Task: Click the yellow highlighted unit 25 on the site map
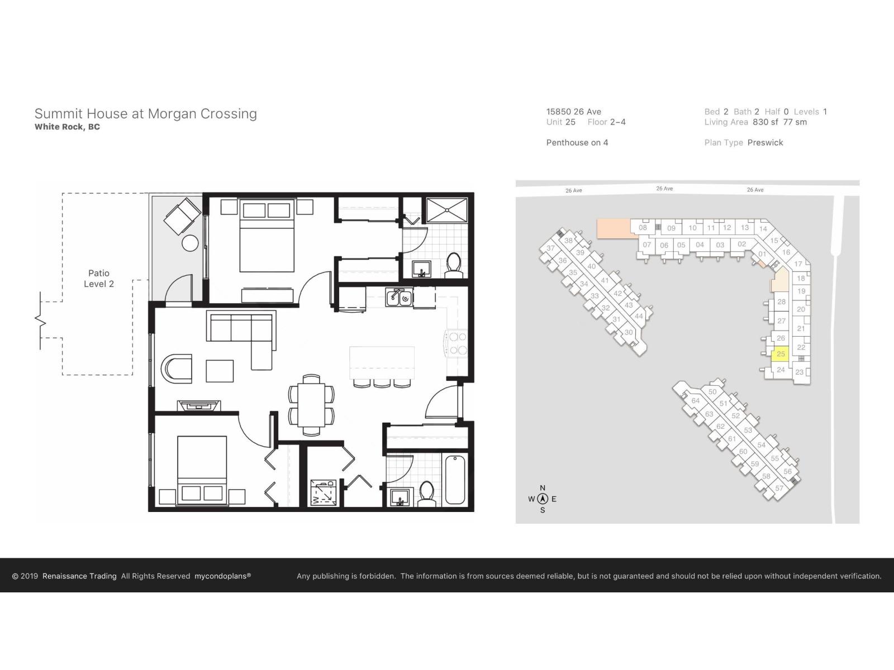pos(781,354)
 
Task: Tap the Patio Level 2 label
pos(99,278)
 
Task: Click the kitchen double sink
pos(399,299)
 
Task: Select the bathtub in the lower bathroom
pos(455,480)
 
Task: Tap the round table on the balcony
pos(191,243)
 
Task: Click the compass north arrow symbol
pos(542,499)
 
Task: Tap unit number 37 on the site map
pos(550,248)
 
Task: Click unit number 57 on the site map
pos(779,488)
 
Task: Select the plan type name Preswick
pos(765,142)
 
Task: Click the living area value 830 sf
pos(765,122)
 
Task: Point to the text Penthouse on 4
pos(577,142)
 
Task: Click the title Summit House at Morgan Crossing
pos(145,113)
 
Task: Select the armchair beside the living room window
pos(177,369)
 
